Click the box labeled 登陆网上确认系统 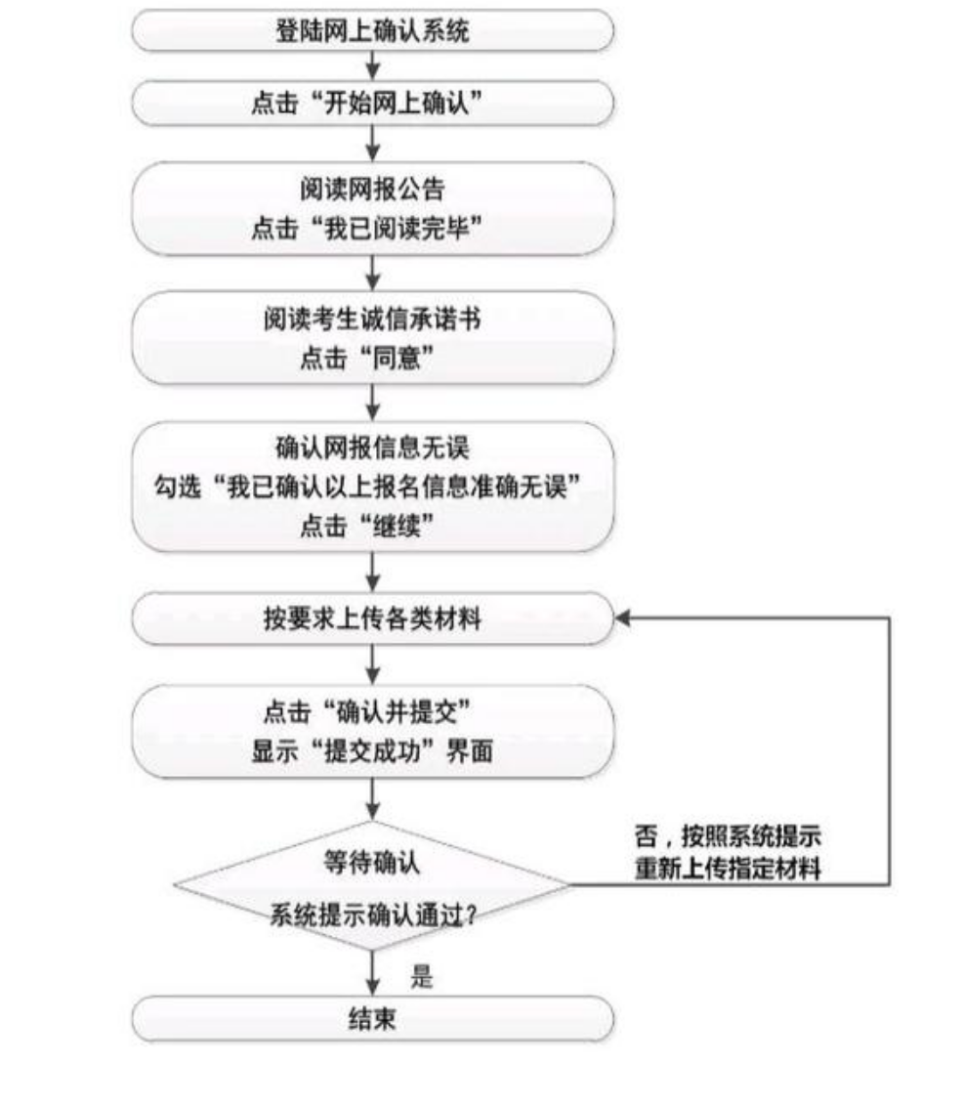pyautogui.click(x=372, y=30)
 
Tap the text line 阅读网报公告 pyautogui.click(x=372, y=189)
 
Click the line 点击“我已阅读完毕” pyautogui.click(x=366, y=228)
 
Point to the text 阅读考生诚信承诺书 pyautogui.click(x=372, y=319)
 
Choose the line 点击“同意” pyautogui.click(x=366, y=358)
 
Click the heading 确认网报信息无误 pyautogui.click(x=372, y=447)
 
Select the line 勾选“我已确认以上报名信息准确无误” pyautogui.click(x=367, y=487)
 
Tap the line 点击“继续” pyautogui.click(x=366, y=525)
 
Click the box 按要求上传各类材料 pyautogui.click(x=372, y=618)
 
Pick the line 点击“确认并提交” pyautogui.click(x=366, y=711)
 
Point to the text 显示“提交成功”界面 pyautogui.click(x=372, y=750)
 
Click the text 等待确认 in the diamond pyautogui.click(x=371, y=862)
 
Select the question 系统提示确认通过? pyautogui.click(x=372, y=916)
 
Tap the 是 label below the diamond pyautogui.click(x=422, y=976)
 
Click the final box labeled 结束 pyautogui.click(x=372, y=1018)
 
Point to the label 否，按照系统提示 pyautogui.click(x=728, y=836)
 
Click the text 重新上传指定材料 pyautogui.click(x=728, y=868)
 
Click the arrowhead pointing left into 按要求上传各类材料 pyautogui.click(x=621, y=618)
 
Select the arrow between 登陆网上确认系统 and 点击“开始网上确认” pyautogui.click(x=372, y=66)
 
